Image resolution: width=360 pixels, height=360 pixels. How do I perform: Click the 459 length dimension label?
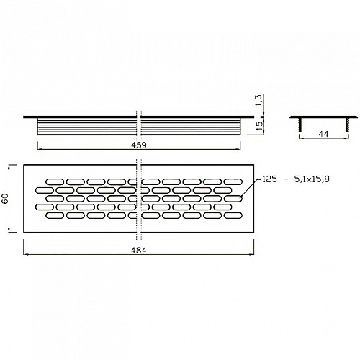click(x=139, y=145)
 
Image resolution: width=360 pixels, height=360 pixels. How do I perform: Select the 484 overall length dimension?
click(x=139, y=251)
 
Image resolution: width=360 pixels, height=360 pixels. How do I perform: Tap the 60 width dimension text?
click(x=5, y=198)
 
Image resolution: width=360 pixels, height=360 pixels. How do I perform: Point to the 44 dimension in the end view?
click(x=323, y=134)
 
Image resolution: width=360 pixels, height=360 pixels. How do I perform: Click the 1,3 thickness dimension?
click(x=258, y=101)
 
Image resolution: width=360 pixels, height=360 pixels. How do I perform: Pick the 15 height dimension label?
click(x=260, y=126)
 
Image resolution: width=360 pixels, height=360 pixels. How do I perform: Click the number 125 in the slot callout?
click(x=270, y=179)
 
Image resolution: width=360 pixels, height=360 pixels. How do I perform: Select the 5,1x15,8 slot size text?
click(x=312, y=179)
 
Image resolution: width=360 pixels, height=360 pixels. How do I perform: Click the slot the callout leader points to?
click(x=233, y=199)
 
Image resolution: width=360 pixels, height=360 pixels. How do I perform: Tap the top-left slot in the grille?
click(x=55, y=181)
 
